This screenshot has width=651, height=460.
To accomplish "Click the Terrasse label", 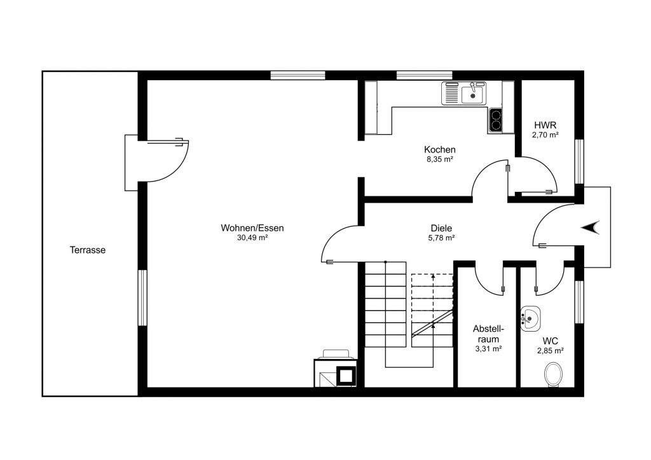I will (x=88, y=250).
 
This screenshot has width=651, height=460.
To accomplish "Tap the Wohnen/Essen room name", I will (x=252, y=228).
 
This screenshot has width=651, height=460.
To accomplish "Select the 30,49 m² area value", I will (x=252, y=238).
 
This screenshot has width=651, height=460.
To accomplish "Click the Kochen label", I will (x=440, y=150).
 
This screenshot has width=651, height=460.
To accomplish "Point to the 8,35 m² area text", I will (x=440, y=159).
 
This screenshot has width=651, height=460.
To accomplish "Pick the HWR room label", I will (x=545, y=125).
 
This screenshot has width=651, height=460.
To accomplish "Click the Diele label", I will (x=441, y=228).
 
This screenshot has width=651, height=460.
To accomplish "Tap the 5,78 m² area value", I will (x=441, y=238).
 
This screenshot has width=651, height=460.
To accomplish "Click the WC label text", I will (x=551, y=341).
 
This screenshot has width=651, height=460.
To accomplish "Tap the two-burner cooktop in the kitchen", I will (x=495, y=119).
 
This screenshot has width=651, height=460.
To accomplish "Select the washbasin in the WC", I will (x=530, y=317).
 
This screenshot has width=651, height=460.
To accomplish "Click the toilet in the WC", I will (x=554, y=374).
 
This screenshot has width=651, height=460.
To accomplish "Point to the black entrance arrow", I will (x=593, y=227).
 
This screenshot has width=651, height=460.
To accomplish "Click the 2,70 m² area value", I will (x=545, y=135).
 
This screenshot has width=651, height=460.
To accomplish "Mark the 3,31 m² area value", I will (x=488, y=349).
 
